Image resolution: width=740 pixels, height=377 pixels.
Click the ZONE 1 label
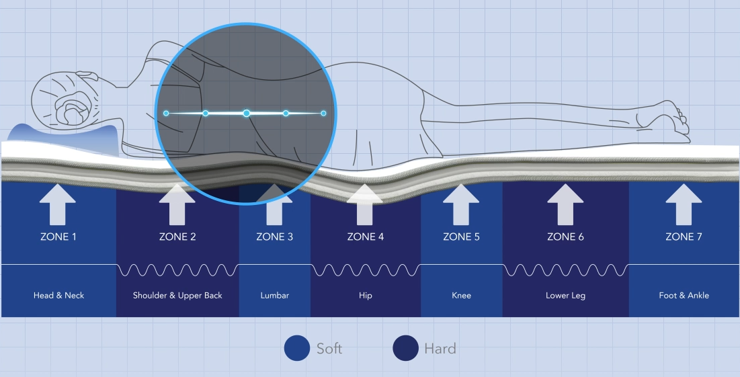(x=58, y=237)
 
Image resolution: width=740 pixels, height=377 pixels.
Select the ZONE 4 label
(x=366, y=237)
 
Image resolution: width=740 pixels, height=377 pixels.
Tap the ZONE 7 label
(x=684, y=237)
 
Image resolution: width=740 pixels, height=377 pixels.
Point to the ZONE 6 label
(x=565, y=237)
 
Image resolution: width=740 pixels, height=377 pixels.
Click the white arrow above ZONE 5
(x=461, y=204)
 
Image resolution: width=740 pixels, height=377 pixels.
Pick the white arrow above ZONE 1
(x=58, y=204)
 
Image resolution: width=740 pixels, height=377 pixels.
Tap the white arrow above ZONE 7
(x=684, y=204)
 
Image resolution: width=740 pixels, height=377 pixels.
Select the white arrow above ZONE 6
(x=565, y=204)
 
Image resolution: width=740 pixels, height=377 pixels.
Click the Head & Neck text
(x=58, y=295)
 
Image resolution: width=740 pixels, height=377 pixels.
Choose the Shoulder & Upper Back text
(x=177, y=295)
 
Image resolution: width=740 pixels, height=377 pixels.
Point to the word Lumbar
(x=274, y=295)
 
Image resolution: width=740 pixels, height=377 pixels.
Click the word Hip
(x=366, y=295)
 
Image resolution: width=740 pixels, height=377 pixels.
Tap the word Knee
(x=461, y=295)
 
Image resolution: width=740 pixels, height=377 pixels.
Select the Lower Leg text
(x=565, y=295)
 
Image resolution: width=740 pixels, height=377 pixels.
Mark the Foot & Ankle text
(x=684, y=295)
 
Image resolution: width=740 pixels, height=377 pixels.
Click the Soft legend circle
(x=296, y=348)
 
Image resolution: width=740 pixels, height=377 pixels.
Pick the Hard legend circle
(x=405, y=348)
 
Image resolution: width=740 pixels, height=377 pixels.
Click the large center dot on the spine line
(x=247, y=113)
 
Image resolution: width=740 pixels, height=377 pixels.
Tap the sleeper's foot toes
(x=683, y=122)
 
